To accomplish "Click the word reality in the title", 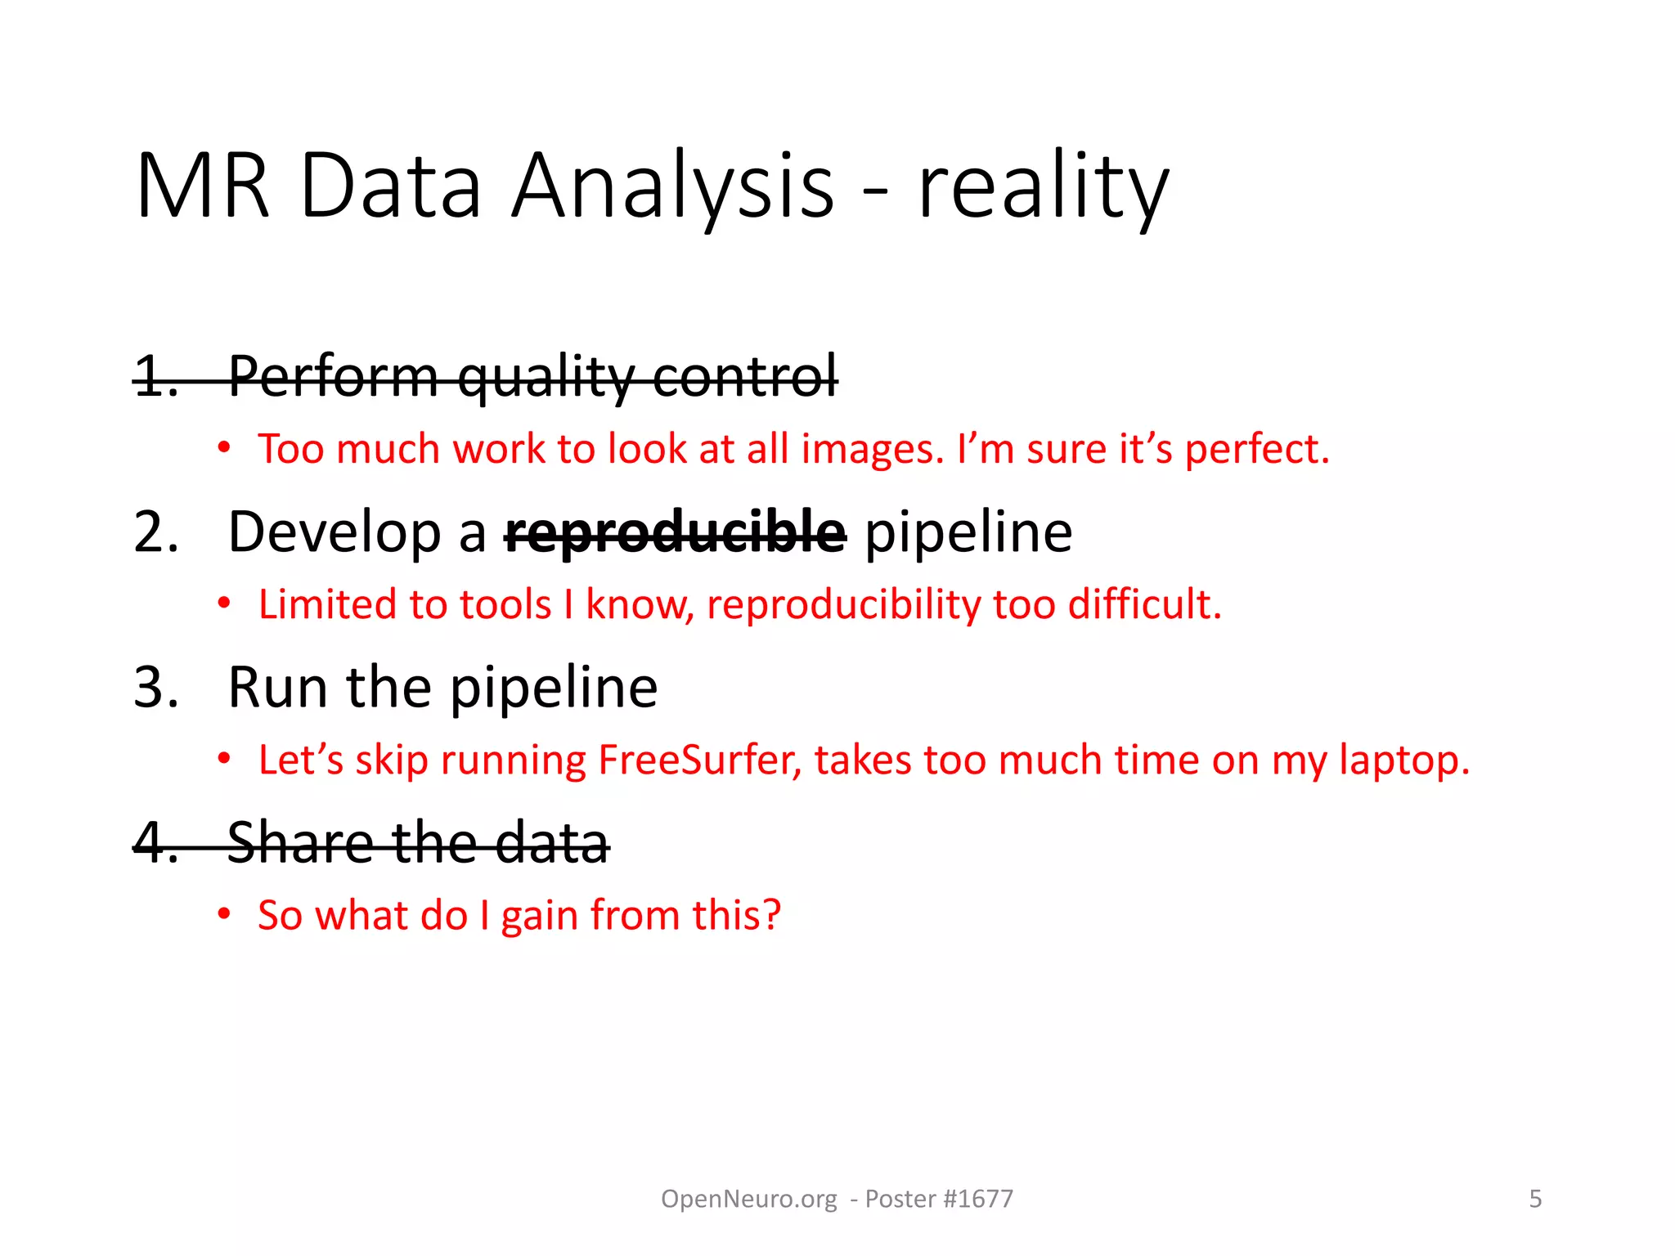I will tap(1043, 188).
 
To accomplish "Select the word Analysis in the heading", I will tap(672, 188).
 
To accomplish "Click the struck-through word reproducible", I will tap(676, 533).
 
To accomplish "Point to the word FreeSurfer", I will tap(700, 760).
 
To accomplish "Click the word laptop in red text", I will tap(1404, 760).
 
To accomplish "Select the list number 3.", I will tap(155, 688).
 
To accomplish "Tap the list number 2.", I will tap(155, 532).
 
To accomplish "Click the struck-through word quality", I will tap(546, 378).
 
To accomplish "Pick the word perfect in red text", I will tap(1257, 449).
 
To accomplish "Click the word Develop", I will tap(335, 533).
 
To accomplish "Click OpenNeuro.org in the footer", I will tap(748, 1199).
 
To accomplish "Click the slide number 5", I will tap(1535, 1199).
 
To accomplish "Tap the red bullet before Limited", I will tap(224, 604).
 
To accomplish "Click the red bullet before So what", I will tap(224, 914).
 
